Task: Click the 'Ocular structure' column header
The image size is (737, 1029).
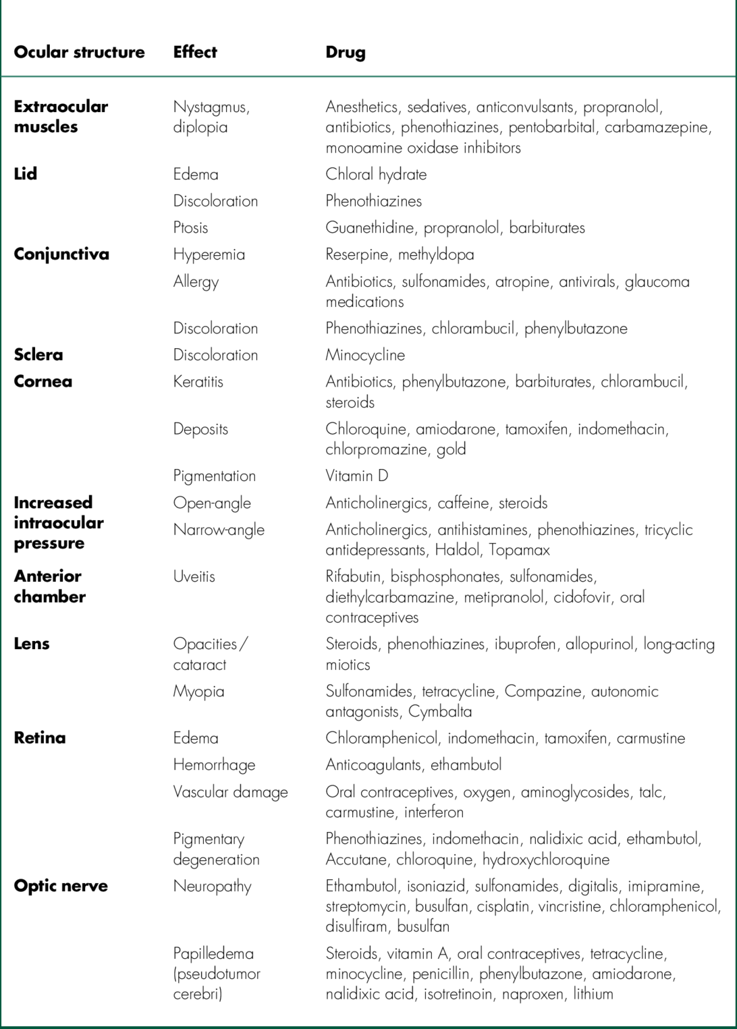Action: pos(79,52)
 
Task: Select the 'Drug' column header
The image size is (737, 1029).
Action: pos(345,52)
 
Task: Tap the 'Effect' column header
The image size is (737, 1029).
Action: pos(195,52)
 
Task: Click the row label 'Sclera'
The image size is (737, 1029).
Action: pos(38,355)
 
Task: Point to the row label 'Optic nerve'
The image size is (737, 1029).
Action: pos(61,886)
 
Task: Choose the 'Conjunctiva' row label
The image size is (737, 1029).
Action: pos(61,254)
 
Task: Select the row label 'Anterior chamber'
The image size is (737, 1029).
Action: pos(49,586)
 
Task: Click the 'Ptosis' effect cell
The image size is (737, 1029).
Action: pos(190,227)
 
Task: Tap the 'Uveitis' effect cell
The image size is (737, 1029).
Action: pos(194,576)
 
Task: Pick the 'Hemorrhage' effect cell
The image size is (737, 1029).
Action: pos(214,764)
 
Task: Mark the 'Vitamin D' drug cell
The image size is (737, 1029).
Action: pos(356,476)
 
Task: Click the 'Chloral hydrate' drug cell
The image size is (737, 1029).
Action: pos(376,174)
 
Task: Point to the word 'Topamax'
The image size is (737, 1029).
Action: pos(519,550)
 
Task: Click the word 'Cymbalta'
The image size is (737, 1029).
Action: pos(440,711)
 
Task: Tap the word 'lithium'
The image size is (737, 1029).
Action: pos(593,994)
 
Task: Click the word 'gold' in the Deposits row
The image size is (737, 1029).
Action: pos(451,449)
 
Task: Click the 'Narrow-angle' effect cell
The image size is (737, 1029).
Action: pos(219,530)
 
